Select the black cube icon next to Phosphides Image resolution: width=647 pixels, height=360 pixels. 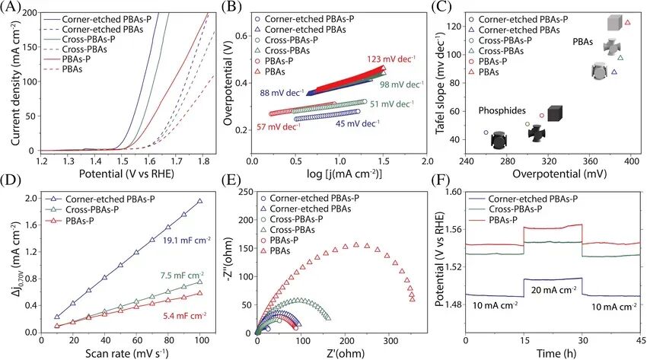pyautogui.click(x=555, y=114)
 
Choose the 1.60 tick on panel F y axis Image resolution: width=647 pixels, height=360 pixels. pyautogui.click(x=452, y=193)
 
